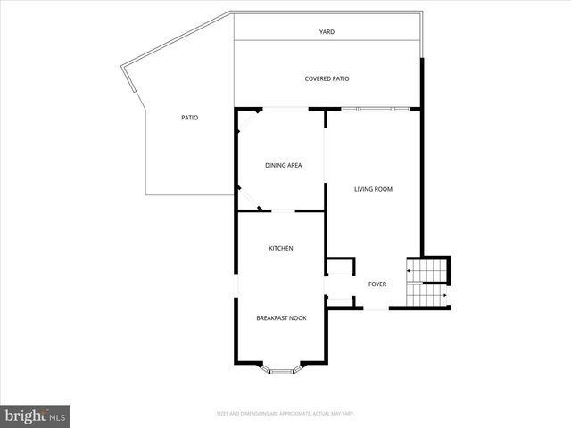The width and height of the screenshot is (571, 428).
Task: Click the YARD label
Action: pyautogui.click(x=327, y=31)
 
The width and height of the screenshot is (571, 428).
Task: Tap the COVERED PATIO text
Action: pyautogui.click(x=327, y=78)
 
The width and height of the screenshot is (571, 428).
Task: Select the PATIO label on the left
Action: pyautogui.click(x=189, y=118)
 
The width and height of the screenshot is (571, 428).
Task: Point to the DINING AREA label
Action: pyautogui.click(x=283, y=165)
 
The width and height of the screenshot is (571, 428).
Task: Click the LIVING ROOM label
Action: pyautogui.click(x=373, y=189)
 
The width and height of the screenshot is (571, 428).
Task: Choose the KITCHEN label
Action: pyautogui.click(x=281, y=248)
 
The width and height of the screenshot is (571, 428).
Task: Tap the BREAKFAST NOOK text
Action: pyautogui.click(x=281, y=318)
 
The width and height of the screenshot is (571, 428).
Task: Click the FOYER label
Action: pyautogui.click(x=377, y=284)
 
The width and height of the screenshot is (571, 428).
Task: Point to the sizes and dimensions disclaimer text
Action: pyautogui.click(x=285, y=413)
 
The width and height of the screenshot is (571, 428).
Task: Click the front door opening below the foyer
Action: pyautogui.click(x=377, y=309)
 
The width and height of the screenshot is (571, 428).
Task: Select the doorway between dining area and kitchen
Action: pyautogui.click(x=284, y=211)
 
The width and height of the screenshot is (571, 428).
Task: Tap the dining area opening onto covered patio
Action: pyautogui.click(x=284, y=109)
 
